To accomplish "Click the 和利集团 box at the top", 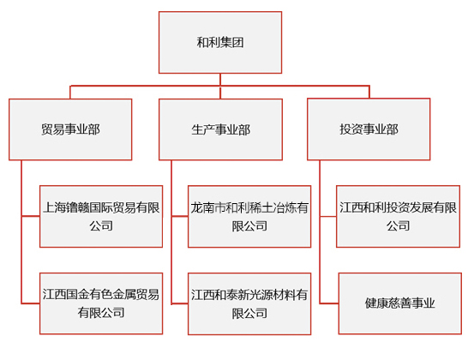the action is [x=220, y=42].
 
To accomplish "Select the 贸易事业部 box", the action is [x=70, y=129].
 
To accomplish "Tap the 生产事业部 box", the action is [x=220, y=129].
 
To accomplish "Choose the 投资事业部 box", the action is [x=369, y=129].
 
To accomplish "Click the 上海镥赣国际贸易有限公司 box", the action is [x=101, y=216].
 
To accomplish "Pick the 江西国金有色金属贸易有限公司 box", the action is [x=101, y=303].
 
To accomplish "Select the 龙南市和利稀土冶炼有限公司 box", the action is [x=249, y=216].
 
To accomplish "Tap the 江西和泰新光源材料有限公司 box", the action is [x=249, y=303].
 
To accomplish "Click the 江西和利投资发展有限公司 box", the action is [x=398, y=216].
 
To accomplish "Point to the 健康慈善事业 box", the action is [x=400, y=303].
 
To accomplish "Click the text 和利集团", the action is [x=220, y=42].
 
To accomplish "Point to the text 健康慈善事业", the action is [x=400, y=303].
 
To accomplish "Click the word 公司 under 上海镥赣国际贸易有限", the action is [x=101, y=225].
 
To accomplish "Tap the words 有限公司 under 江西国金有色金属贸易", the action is [x=101, y=313].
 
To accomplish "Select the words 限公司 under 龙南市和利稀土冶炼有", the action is [x=249, y=225].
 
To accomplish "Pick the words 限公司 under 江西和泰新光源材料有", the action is [x=249, y=313].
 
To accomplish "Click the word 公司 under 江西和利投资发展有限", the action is [x=398, y=225].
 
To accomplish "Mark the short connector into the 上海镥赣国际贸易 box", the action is [x=31, y=216].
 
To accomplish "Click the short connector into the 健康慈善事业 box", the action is [x=329, y=303].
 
